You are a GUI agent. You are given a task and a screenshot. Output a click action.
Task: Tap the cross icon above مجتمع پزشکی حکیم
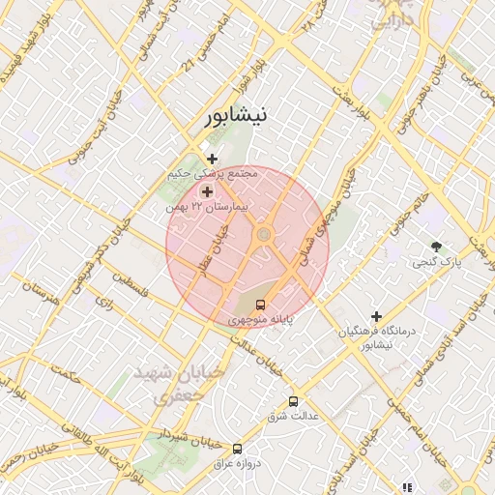213,159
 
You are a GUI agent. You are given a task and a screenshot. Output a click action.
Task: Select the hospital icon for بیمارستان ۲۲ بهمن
207,192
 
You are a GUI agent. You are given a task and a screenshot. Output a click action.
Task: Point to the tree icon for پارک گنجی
437,247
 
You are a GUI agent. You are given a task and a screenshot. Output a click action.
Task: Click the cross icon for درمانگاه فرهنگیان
377,316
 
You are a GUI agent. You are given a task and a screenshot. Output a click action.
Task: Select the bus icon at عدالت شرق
293,401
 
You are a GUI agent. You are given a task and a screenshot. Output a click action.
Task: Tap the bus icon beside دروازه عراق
238,448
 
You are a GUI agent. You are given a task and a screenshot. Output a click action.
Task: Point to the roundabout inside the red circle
263,235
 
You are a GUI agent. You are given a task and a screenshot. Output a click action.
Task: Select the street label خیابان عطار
215,249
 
